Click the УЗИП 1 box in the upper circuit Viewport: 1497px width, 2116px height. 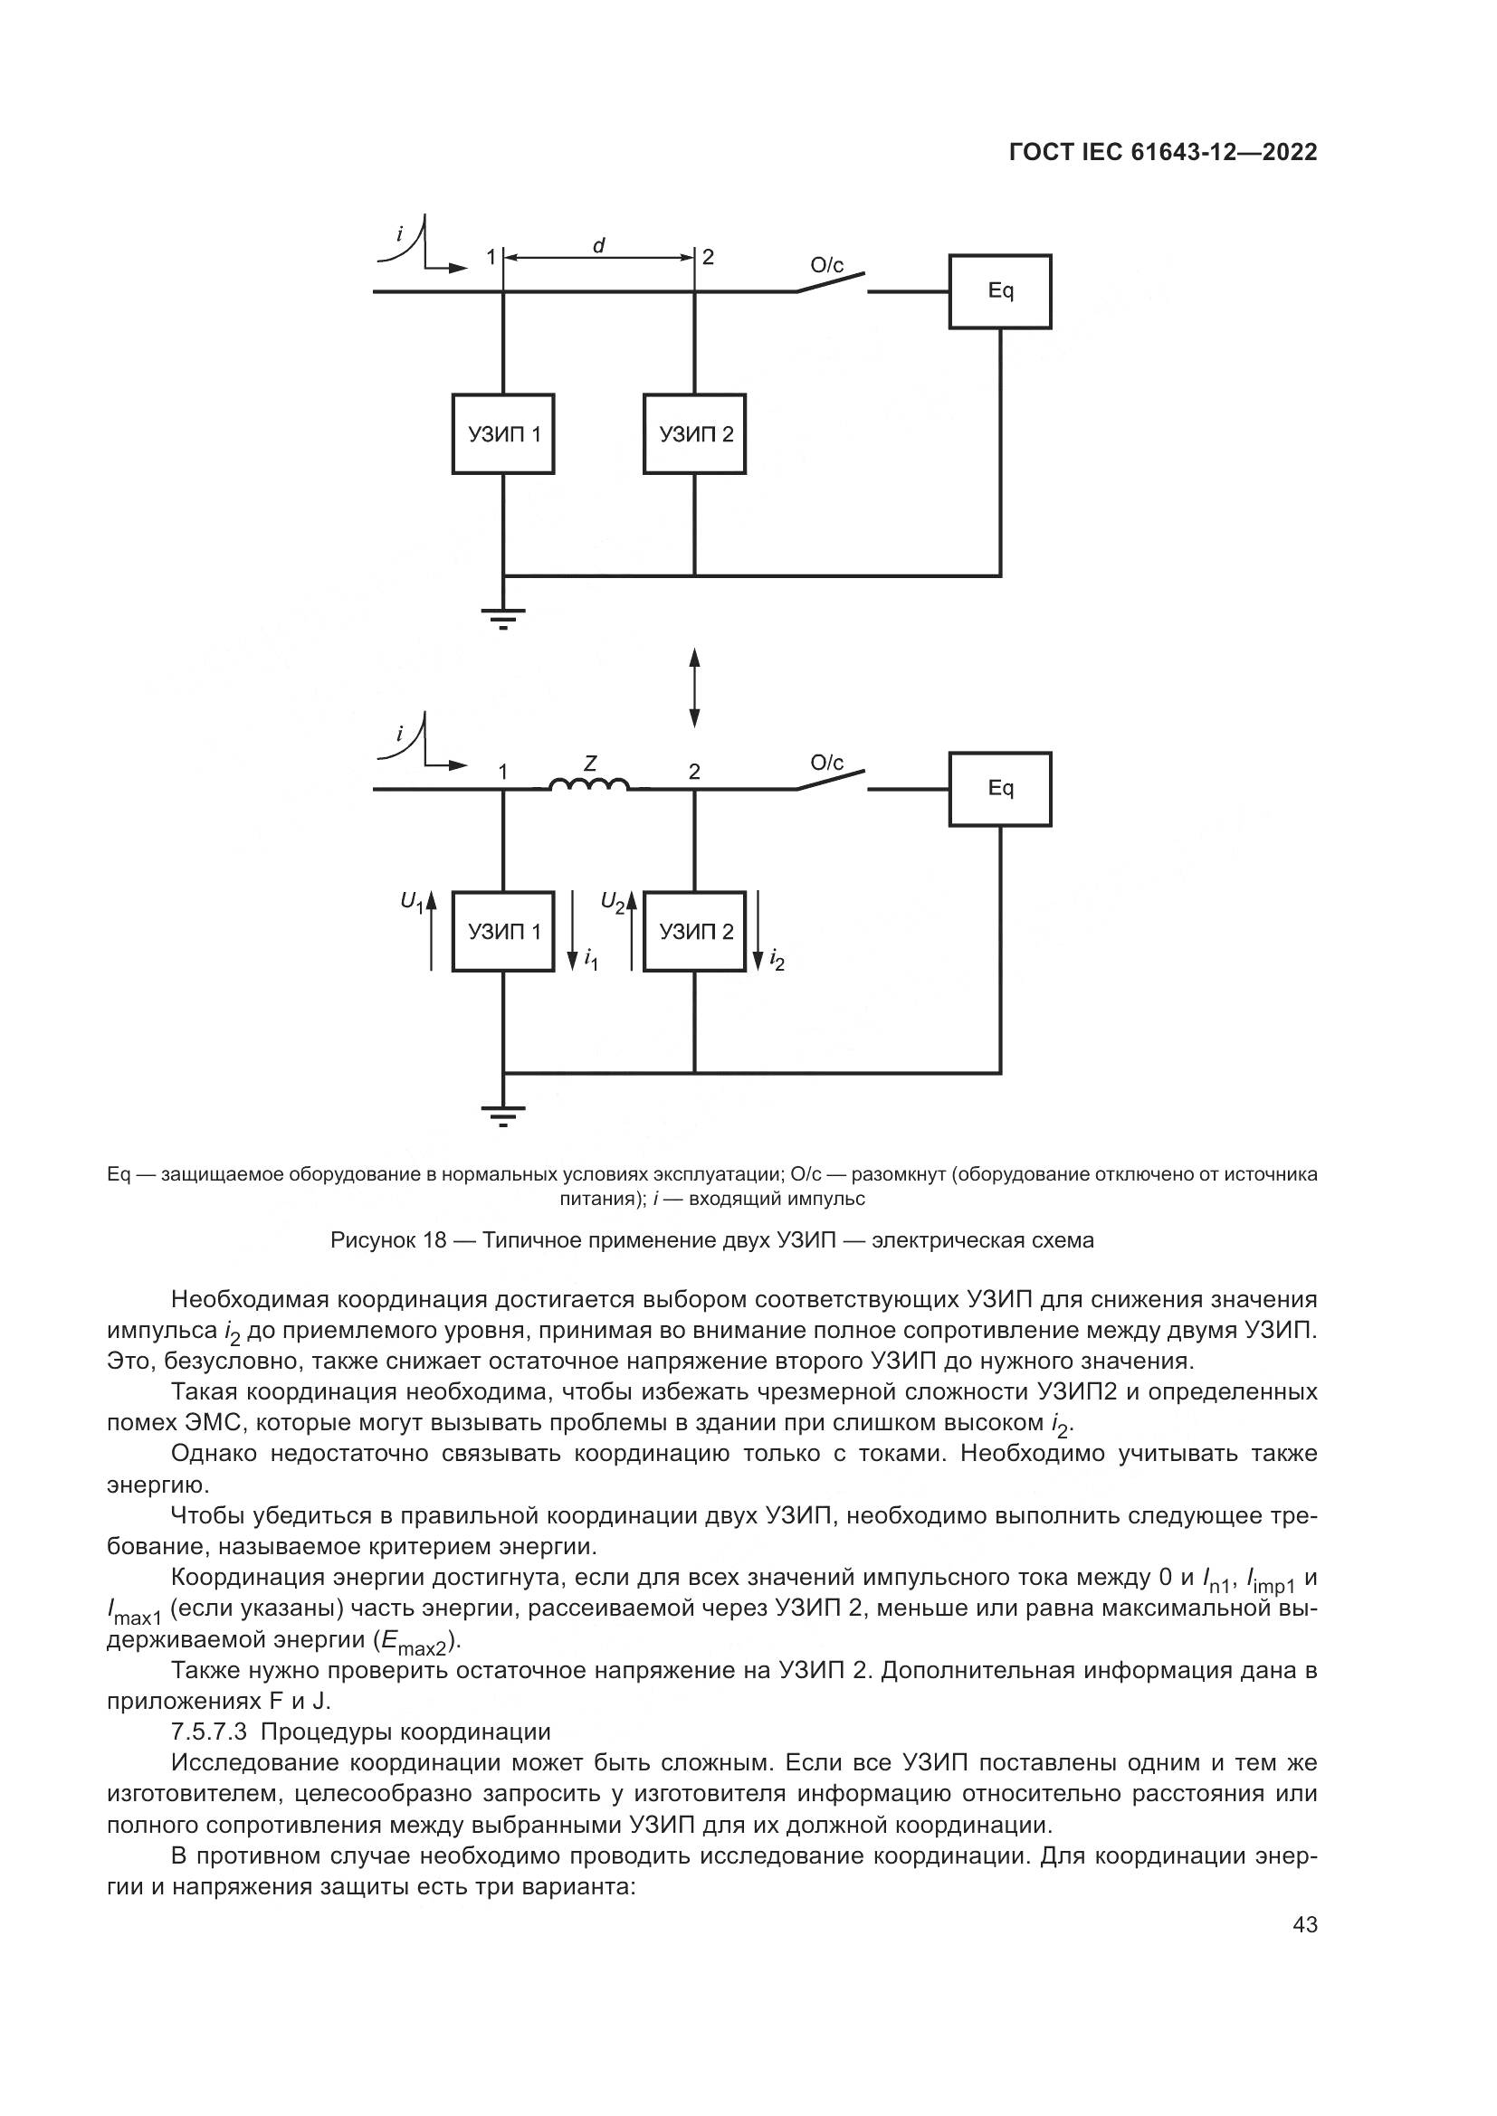(x=502, y=434)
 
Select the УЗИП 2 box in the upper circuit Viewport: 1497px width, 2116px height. (x=694, y=434)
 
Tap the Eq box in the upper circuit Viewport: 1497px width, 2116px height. (x=1000, y=291)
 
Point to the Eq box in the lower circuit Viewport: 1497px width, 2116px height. (x=1000, y=789)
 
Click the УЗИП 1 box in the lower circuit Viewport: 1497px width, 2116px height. (x=502, y=932)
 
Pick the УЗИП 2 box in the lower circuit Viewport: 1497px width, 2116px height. (x=694, y=932)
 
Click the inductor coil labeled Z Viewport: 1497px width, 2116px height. (x=590, y=785)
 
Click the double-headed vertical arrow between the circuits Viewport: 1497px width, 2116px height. (x=694, y=688)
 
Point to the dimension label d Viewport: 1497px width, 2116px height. (x=598, y=245)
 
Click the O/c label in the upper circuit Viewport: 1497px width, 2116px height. (x=827, y=266)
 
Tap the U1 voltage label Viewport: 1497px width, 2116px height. (x=412, y=902)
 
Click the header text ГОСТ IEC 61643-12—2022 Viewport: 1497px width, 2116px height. (x=1163, y=152)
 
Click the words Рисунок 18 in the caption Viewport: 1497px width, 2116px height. (x=388, y=1240)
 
